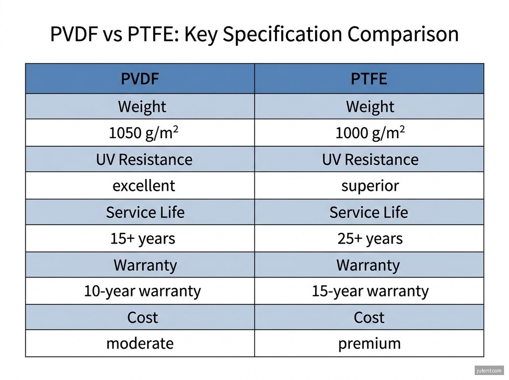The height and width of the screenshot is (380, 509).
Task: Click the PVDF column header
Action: [140, 79]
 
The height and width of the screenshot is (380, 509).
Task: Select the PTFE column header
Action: [369, 79]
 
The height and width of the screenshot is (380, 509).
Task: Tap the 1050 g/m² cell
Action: [144, 133]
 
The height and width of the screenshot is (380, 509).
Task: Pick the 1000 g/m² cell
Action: [370, 133]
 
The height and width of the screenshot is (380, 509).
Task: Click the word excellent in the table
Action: [144, 186]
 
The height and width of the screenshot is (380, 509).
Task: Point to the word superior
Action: [370, 186]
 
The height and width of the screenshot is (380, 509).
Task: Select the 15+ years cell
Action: [143, 239]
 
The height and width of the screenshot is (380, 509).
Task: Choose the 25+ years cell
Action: [370, 239]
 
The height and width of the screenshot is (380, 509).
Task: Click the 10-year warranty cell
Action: [142, 291]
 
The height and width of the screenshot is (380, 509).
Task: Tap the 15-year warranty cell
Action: [370, 291]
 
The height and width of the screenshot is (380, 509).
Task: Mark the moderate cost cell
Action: [140, 344]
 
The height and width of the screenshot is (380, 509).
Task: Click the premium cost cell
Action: [369, 344]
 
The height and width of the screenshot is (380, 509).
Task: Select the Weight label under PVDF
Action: [142, 106]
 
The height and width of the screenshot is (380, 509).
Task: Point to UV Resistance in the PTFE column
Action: [370, 160]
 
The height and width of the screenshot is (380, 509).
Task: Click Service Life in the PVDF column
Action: [145, 213]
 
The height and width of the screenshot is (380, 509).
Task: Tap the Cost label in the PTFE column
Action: [369, 317]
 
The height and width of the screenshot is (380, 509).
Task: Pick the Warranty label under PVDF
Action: [145, 265]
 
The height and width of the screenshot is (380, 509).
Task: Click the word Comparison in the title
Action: [403, 35]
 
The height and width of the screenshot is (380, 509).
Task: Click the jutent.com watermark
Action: [489, 371]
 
